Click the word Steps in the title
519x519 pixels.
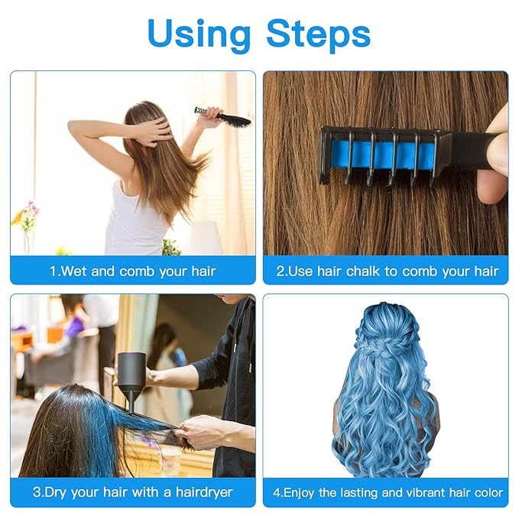(318, 33)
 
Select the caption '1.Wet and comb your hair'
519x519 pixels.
(133, 271)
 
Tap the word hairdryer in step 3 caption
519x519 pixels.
(200, 492)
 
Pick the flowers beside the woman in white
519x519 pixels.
(27, 218)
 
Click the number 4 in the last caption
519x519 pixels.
(277, 492)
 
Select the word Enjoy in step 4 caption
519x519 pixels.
(300, 492)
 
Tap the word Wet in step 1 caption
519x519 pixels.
(73, 271)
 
